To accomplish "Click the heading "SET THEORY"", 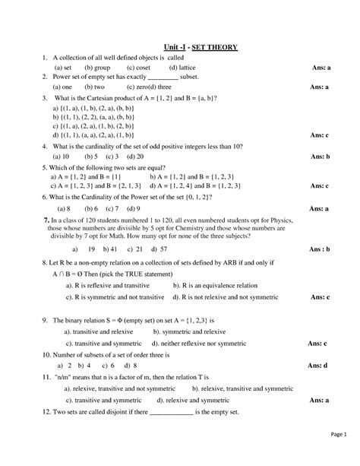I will (x=217, y=47).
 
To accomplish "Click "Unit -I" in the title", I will (x=175, y=47).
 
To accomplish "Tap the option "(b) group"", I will (x=96, y=68).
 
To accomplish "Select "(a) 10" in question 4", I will (x=61, y=156).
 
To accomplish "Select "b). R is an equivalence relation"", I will (x=218, y=286).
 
